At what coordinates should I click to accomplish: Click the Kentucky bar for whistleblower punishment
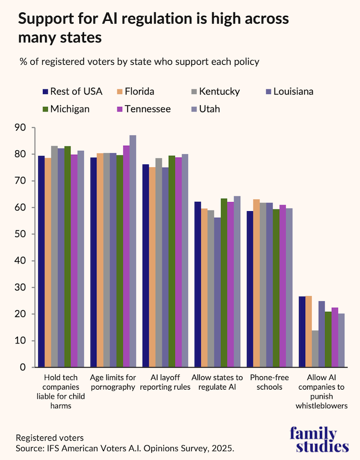coord(315,349)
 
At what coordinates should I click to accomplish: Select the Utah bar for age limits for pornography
coord(133,251)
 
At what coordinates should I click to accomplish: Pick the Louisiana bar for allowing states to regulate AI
coord(217,292)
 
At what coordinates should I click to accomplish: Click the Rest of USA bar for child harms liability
coord(41,261)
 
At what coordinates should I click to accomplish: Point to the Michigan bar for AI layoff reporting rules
coord(172,261)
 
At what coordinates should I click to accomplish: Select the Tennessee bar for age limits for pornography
coord(126,256)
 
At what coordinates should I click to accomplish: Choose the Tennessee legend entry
coord(143,109)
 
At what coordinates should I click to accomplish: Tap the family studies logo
coord(319,440)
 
